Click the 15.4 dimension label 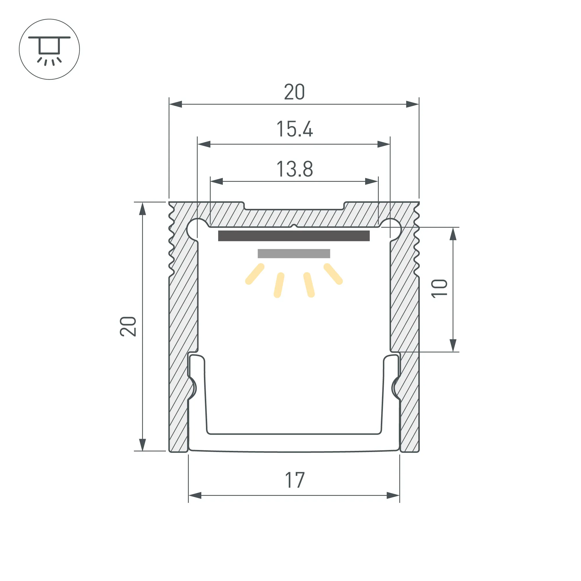(295, 129)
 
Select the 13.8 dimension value (295, 169)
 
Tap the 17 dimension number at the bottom (295, 480)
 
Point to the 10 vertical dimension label (439, 289)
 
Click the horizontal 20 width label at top (294, 92)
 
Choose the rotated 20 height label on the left (128, 326)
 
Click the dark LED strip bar (294, 236)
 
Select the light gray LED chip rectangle (294, 254)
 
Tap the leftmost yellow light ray (255, 274)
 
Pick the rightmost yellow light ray (333, 274)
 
